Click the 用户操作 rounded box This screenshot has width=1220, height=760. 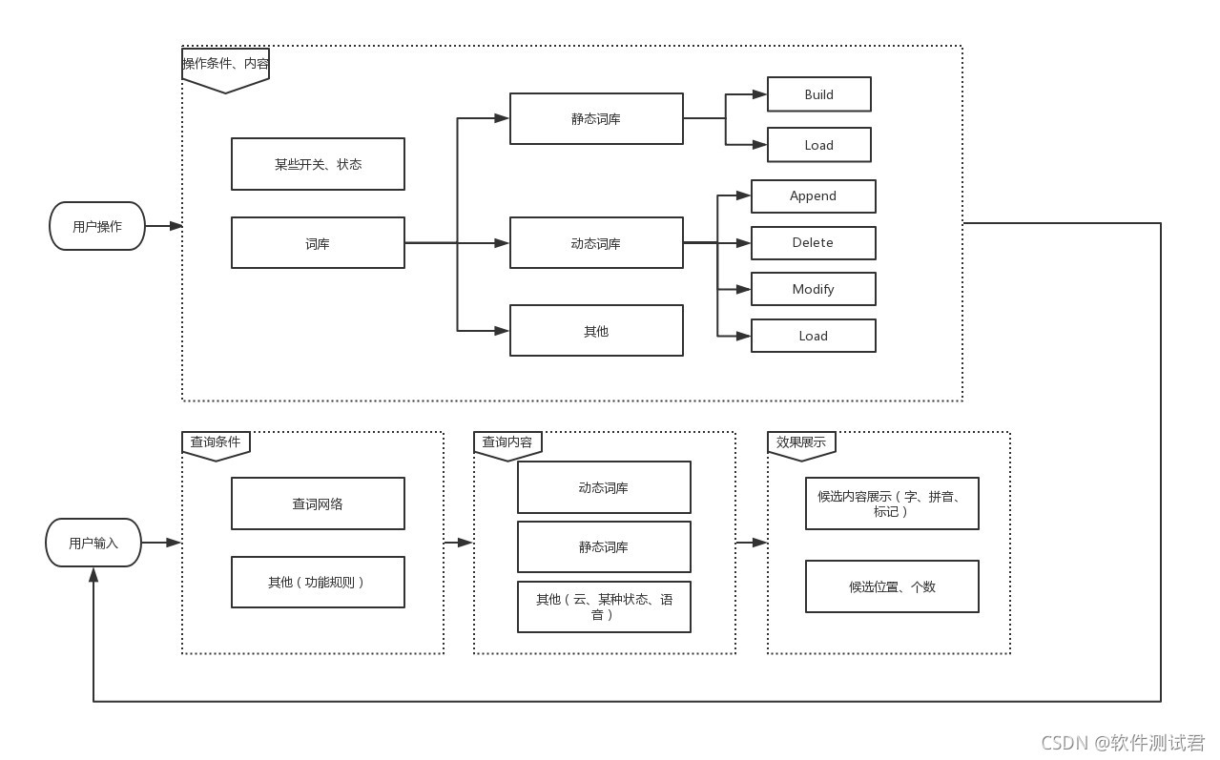(97, 226)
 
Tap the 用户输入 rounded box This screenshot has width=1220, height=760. (93, 543)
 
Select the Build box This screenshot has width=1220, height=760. (818, 94)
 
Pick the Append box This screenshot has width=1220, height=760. (813, 196)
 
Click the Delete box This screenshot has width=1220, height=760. (813, 243)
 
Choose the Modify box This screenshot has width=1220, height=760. (813, 289)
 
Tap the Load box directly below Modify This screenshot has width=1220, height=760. (813, 336)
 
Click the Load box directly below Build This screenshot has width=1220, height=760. (818, 145)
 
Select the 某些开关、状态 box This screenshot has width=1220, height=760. (318, 164)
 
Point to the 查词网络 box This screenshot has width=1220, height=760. (318, 503)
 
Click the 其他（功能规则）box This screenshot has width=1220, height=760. (318, 582)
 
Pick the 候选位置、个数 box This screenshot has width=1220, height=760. (892, 586)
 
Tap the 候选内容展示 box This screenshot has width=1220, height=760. (892, 503)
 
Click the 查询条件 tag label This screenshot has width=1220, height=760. (216, 443)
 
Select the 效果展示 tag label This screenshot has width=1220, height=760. (801, 443)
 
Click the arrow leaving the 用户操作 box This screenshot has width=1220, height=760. (163, 226)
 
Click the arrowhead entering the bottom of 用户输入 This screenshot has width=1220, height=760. (93, 574)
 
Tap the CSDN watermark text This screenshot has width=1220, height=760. (1123, 743)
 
